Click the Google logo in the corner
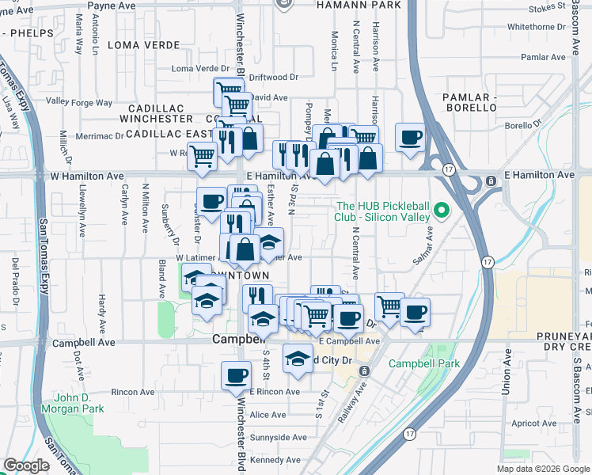[x=26, y=465]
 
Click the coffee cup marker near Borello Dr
[x=410, y=137]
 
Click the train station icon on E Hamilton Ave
[x=491, y=181]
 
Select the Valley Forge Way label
[x=79, y=101]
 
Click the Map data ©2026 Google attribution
[x=543, y=469]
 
